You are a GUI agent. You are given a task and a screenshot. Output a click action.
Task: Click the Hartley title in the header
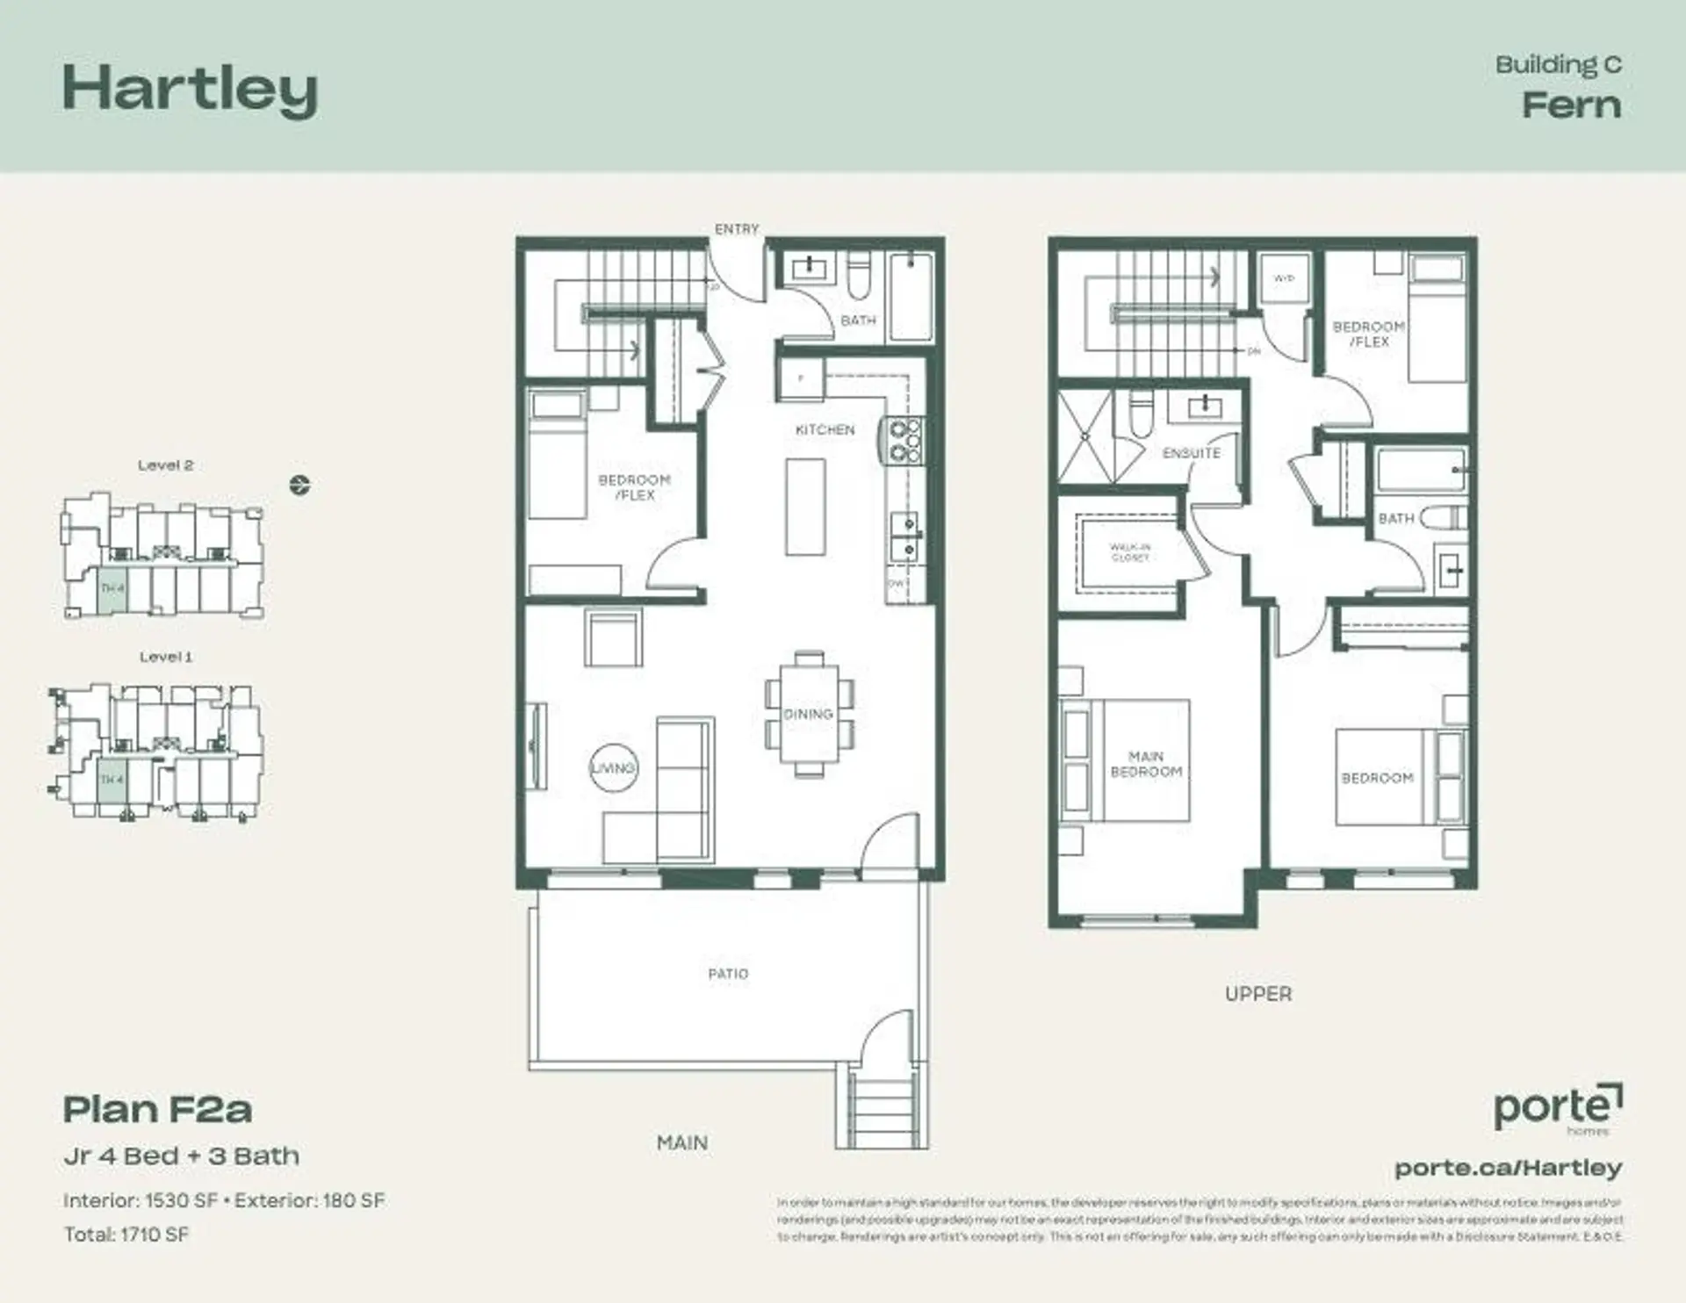point(190,90)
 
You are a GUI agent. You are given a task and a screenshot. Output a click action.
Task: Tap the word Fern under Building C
point(1571,105)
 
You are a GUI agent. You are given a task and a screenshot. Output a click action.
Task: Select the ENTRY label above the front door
point(736,229)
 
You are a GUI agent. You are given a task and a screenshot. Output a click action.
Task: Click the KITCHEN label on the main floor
point(825,429)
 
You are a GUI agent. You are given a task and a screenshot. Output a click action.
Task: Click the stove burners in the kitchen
point(905,441)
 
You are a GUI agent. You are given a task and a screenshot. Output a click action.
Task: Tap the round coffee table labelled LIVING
point(613,768)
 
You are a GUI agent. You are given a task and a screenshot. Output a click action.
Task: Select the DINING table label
point(808,714)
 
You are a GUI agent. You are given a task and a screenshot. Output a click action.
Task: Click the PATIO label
point(728,974)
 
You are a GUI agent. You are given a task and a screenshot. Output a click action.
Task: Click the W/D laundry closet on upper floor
point(1284,279)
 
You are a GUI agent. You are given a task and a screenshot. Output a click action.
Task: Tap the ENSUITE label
point(1191,453)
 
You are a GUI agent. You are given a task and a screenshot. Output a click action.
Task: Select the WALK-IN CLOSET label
point(1129,552)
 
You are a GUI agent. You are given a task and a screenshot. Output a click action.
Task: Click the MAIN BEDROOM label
point(1146,764)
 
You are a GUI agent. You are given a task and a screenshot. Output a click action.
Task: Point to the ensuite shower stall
point(1085,436)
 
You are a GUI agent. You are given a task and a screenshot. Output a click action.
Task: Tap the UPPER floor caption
point(1258,994)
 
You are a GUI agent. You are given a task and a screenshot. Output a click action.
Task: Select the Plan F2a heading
point(158,1110)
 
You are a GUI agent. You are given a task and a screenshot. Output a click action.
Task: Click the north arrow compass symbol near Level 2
point(299,485)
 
